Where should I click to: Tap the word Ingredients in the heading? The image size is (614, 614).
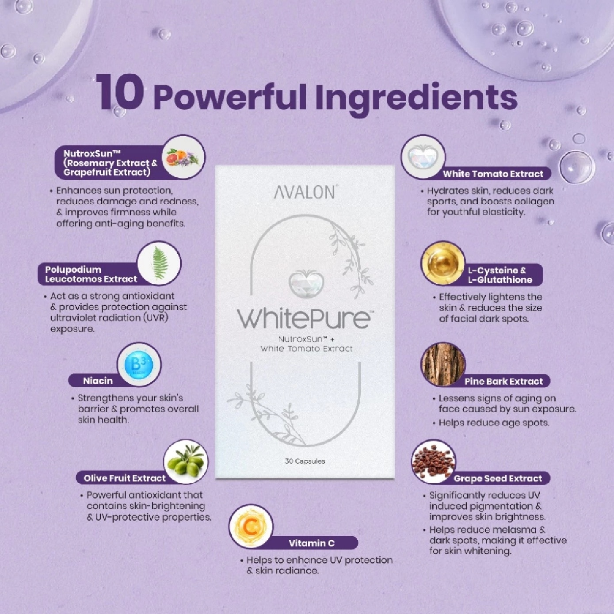(416, 98)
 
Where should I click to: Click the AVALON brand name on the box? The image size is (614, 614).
(305, 192)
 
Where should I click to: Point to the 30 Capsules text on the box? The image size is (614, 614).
(305, 461)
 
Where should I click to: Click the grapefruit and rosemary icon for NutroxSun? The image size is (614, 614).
(183, 157)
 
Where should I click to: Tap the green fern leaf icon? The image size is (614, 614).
(159, 263)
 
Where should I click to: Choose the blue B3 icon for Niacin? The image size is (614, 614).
(139, 365)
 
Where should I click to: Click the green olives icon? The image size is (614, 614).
(186, 461)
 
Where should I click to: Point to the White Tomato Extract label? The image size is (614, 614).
(493, 174)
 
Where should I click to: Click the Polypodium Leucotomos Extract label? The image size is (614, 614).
(91, 274)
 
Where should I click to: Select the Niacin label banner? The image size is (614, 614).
(98, 381)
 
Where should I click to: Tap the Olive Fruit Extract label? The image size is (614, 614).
(124, 478)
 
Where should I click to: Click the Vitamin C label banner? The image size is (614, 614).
(312, 543)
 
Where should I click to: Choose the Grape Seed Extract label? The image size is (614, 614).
(497, 478)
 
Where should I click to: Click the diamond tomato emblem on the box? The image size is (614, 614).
(306, 282)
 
